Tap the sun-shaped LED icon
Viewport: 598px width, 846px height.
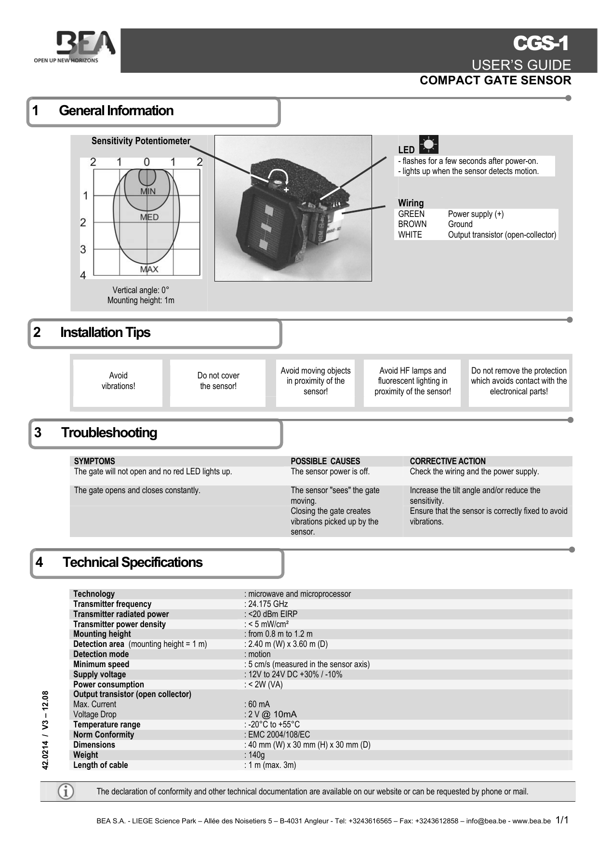coord(428,145)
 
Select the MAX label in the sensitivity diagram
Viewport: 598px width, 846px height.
coord(149,269)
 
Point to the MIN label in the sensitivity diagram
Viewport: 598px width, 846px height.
coord(147,191)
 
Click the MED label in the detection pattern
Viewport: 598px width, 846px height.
coord(149,217)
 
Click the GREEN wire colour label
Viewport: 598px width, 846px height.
coord(411,214)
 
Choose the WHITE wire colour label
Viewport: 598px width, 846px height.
coord(410,235)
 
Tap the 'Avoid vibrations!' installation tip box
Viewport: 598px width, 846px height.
coord(118,381)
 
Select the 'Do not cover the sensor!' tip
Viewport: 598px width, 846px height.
coord(218,381)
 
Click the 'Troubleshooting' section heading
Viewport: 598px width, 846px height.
coord(109,433)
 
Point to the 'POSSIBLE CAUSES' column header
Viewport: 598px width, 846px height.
coord(325,461)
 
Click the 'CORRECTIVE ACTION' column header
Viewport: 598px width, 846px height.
coord(447,461)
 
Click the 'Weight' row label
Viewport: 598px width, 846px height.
coord(85,755)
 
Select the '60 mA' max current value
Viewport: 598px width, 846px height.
coord(259,704)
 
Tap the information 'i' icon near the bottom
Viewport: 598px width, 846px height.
coord(66,792)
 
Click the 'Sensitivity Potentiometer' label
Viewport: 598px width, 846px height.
coord(141,141)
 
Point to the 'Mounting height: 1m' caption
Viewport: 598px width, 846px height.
coord(141,300)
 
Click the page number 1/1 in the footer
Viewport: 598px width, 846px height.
coord(562,820)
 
